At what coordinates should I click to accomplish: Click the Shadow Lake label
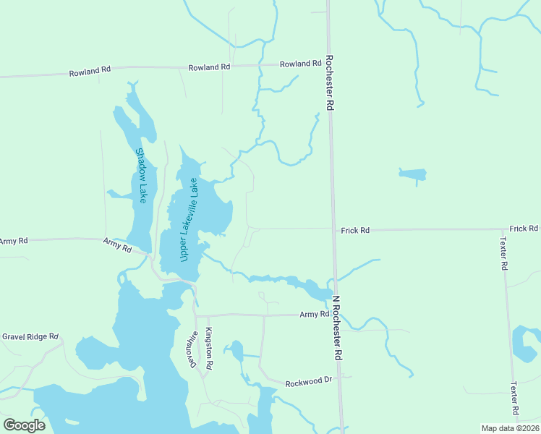pyautogui.click(x=141, y=175)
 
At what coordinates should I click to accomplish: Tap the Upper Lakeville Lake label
pyautogui.click(x=189, y=221)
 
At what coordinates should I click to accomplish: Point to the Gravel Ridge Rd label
pyautogui.click(x=30, y=337)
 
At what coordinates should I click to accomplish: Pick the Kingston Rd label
pyautogui.click(x=208, y=349)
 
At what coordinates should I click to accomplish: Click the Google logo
pyautogui.click(x=24, y=425)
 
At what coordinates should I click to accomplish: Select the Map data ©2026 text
pyautogui.click(x=509, y=428)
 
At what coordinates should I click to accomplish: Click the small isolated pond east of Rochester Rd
pyautogui.click(x=413, y=174)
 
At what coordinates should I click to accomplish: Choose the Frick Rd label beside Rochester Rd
pyautogui.click(x=356, y=230)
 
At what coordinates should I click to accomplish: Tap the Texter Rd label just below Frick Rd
pyautogui.click(x=503, y=253)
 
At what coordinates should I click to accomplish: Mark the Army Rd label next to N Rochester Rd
pyautogui.click(x=315, y=315)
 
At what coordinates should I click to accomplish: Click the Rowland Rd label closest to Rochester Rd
pyautogui.click(x=301, y=64)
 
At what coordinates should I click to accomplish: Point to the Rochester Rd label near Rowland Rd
pyautogui.click(x=329, y=82)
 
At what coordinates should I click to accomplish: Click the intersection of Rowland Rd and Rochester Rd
pyautogui.click(x=328, y=64)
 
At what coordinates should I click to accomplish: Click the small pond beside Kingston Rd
pyautogui.click(x=235, y=352)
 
